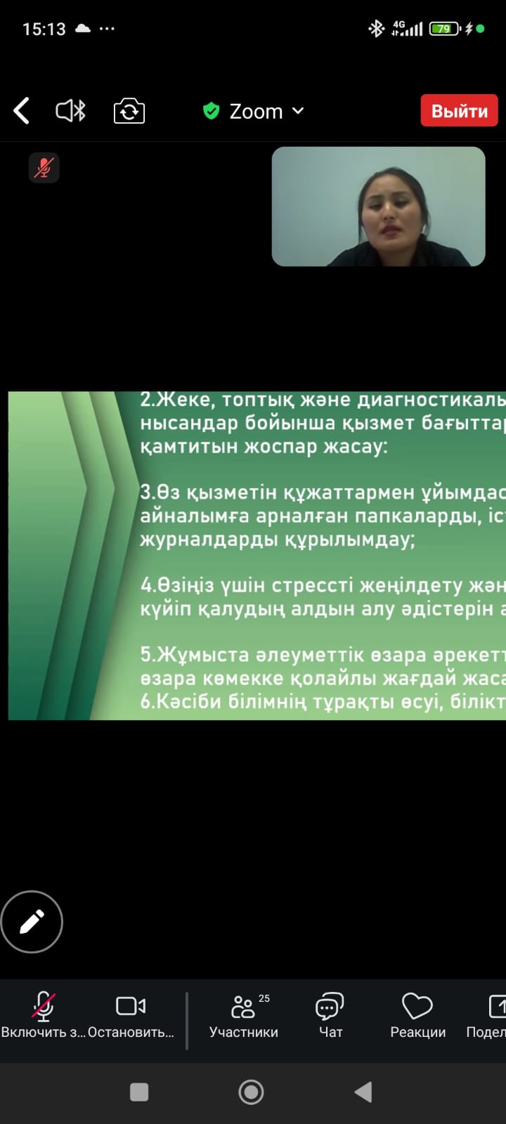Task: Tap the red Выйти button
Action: (460, 110)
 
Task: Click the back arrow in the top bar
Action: (22, 110)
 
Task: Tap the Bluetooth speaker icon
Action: (71, 111)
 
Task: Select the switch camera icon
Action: (129, 111)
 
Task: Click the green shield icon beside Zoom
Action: (212, 111)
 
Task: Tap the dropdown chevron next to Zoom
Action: (298, 110)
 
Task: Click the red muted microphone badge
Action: (44, 168)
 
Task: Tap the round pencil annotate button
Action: (32, 922)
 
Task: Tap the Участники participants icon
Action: (243, 1007)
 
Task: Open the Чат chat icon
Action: (330, 1006)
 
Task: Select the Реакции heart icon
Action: (417, 1006)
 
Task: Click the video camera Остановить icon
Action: (131, 1006)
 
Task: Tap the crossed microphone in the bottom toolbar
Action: (43, 1007)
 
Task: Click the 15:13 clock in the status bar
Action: (44, 29)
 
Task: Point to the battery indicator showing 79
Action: (445, 29)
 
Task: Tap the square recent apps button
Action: (139, 1092)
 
